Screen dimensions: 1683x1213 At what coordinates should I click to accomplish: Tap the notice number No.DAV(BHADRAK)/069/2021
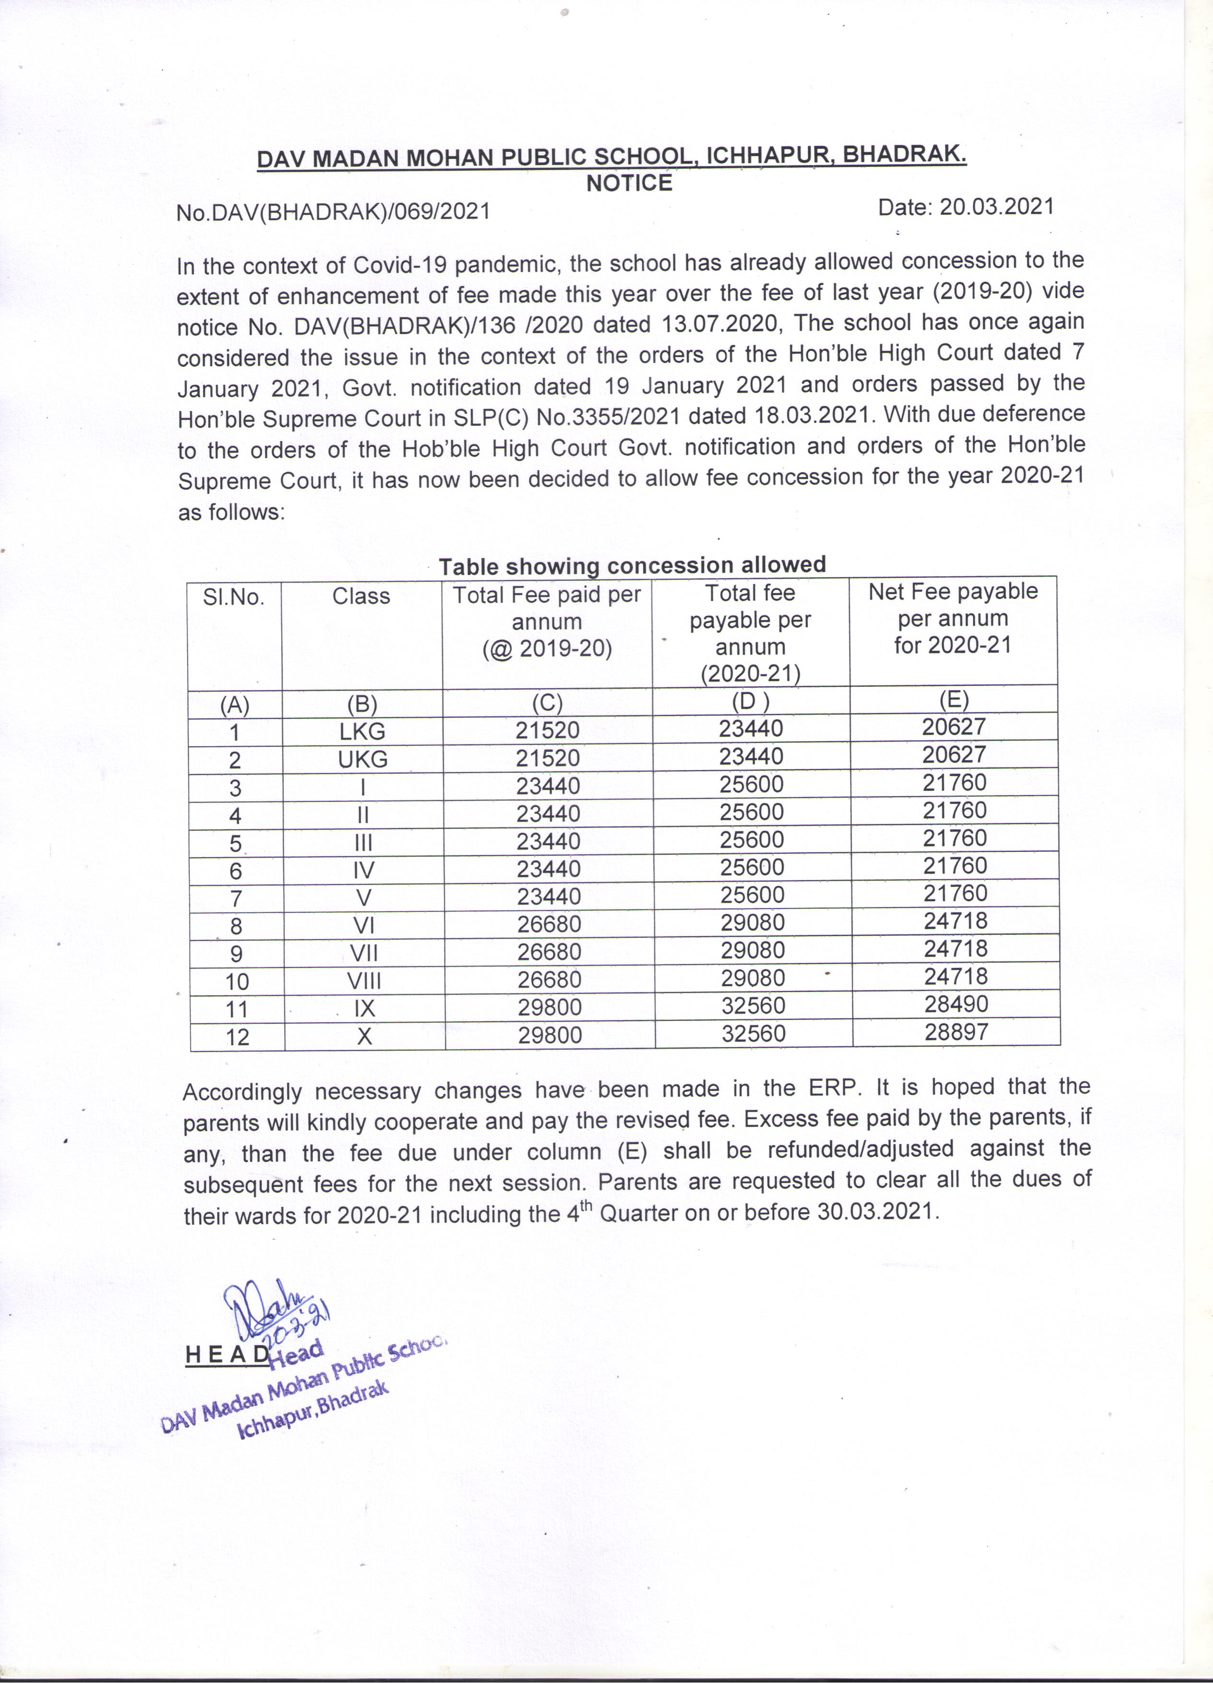click(x=333, y=212)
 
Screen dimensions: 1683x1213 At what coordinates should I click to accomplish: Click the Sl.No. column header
click(x=234, y=597)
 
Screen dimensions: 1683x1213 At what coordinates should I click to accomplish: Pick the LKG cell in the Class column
click(x=362, y=732)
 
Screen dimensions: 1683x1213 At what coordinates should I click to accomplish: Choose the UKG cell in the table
click(x=363, y=759)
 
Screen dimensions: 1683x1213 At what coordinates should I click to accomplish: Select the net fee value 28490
click(x=956, y=1004)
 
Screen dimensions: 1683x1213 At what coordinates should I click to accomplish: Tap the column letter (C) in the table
click(x=547, y=703)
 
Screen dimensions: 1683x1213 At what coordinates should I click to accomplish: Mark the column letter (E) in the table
click(x=953, y=700)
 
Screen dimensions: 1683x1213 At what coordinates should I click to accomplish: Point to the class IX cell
click(x=364, y=1008)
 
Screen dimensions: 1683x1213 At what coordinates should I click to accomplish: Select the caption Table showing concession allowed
click(x=632, y=565)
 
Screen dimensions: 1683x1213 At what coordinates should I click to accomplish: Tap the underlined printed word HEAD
click(x=227, y=1354)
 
